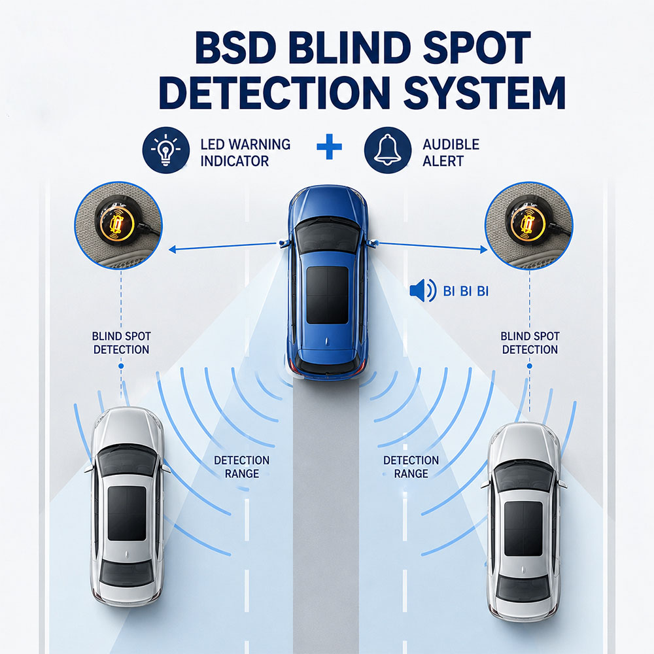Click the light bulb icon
pyautogui.click(x=166, y=150)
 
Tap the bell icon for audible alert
pyautogui.click(x=387, y=150)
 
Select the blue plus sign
pyautogui.click(x=329, y=146)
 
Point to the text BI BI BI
pyautogui.click(x=466, y=291)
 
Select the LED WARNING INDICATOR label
pyautogui.click(x=245, y=152)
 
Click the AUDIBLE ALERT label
pyautogui.click(x=451, y=152)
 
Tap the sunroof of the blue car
pyautogui.click(x=328, y=295)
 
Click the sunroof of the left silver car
pyautogui.click(x=127, y=513)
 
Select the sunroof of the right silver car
pyautogui.click(x=523, y=528)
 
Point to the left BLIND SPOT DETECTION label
pyautogui.click(x=122, y=343)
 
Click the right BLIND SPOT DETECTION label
pyautogui.click(x=530, y=343)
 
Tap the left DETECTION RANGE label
pyautogui.click(x=242, y=467)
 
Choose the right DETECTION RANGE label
pyautogui.click(x=411, y=467)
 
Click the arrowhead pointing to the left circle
pyautogui.click(x=173, y=249)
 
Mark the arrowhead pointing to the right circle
pyautogui.click(x=483, y=249)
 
